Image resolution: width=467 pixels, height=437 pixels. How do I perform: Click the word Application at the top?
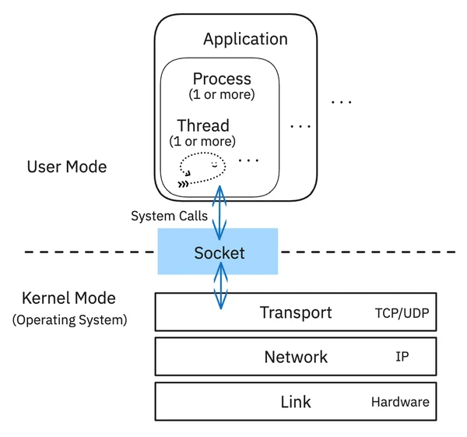coord(245,39)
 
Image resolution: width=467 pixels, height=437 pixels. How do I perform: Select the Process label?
coord(222,79)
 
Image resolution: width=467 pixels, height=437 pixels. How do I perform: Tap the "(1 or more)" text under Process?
coord(222,95)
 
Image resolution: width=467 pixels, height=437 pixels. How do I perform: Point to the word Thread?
coord(202,125)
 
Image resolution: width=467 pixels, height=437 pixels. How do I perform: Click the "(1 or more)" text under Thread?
coord(202,142)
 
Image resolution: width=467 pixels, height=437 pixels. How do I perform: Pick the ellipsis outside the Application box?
coord(341,102)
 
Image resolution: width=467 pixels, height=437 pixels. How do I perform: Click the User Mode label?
coord(66,167)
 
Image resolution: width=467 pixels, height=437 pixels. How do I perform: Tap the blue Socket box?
coord(218,252)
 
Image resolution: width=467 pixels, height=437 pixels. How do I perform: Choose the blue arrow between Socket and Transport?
coord(221,286)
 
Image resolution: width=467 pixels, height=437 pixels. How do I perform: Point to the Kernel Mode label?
coord(69,298)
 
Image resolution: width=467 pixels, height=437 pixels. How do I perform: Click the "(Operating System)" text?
coord(69,319)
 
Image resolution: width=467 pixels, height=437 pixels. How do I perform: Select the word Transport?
coord(296,313)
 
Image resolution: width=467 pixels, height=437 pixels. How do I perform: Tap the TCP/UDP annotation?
coord(402,314)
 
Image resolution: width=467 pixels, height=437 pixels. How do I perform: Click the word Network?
coord(296,358)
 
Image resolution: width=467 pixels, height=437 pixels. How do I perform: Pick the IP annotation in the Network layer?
coord(402,358)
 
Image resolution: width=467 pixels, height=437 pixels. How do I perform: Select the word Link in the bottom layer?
coord(296,402)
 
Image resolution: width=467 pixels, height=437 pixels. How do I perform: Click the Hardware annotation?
coord(400,402)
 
